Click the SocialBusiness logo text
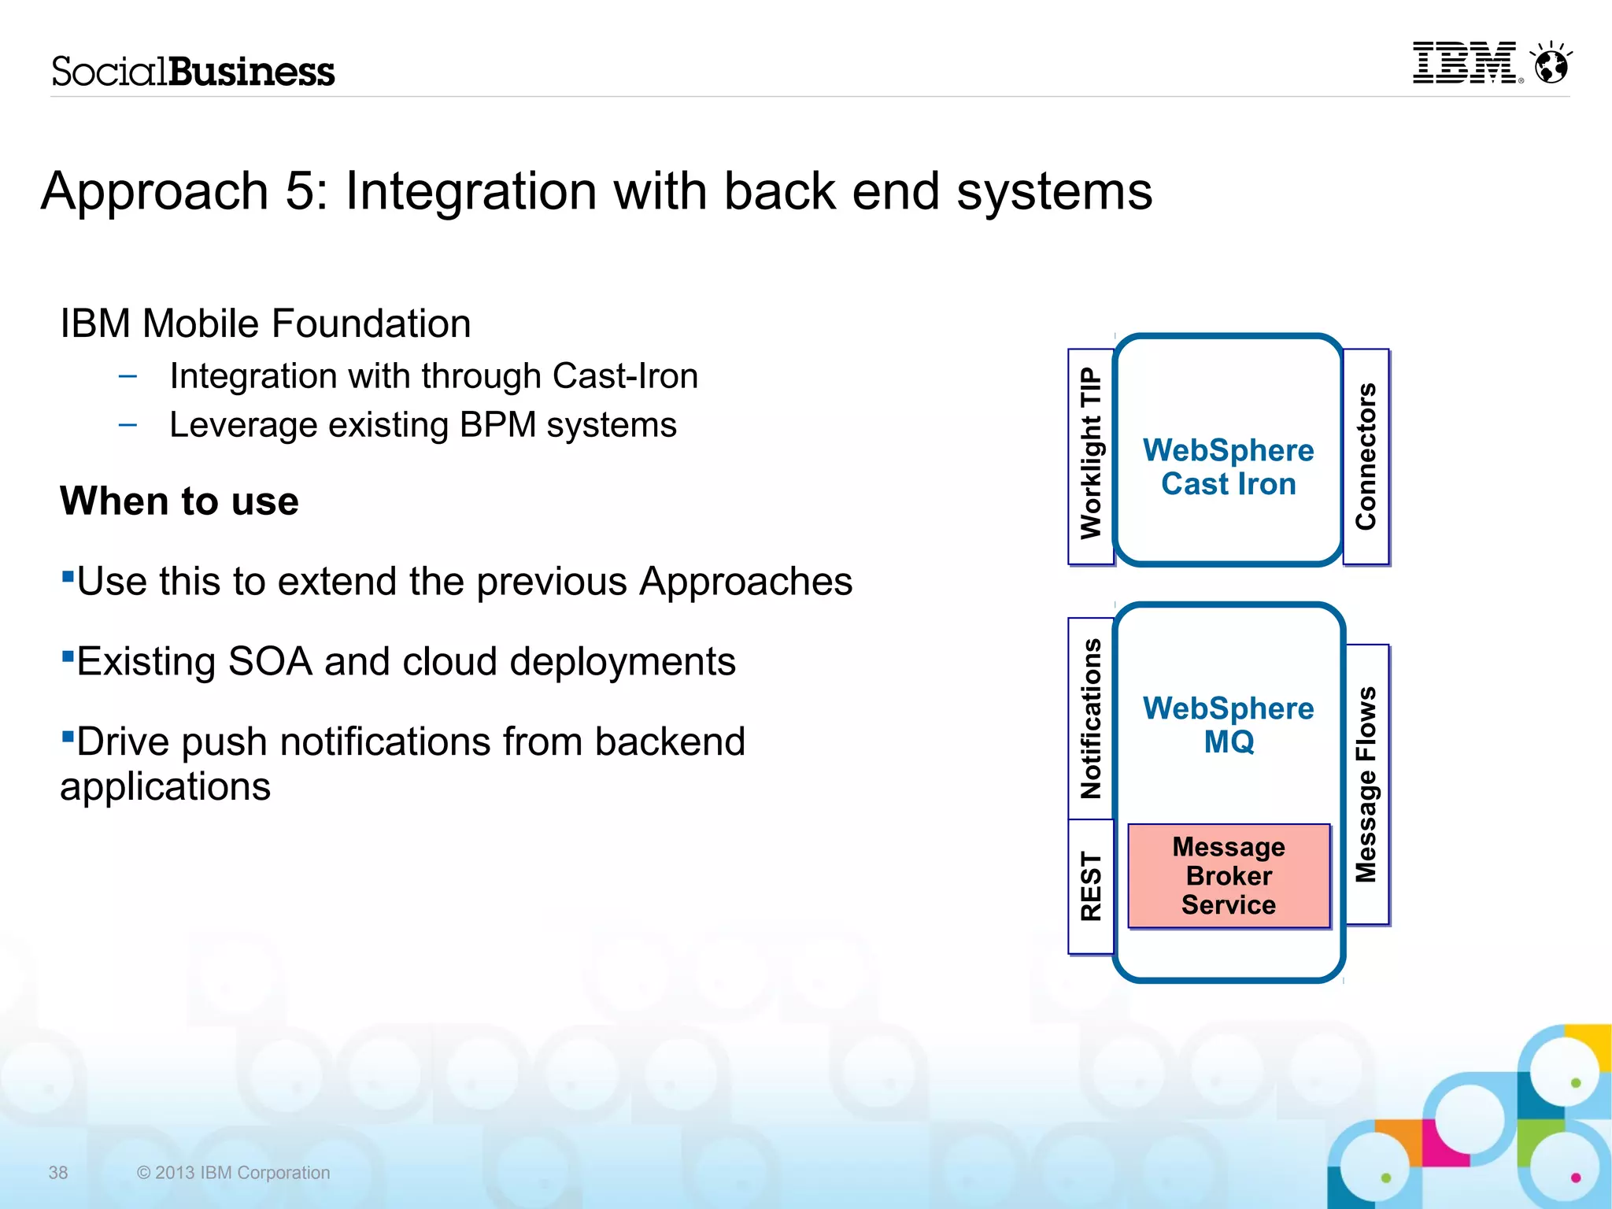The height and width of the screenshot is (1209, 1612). [193, 72]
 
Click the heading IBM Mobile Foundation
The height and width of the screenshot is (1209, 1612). [265, 324]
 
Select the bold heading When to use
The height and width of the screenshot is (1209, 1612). [179, 501]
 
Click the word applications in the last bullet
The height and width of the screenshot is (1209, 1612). [165, 786]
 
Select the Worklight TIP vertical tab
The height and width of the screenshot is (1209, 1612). [1091, 455]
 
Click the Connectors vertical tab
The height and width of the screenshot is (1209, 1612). [1366, 457]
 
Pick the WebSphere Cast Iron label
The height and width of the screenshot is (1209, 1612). [1228, 467]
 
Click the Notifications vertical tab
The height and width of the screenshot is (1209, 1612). [1091, 718]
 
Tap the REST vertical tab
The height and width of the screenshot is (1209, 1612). [1091, 885]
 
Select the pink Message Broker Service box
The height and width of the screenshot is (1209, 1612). [1229, 876]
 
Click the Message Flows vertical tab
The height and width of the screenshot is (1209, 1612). [1366, 784]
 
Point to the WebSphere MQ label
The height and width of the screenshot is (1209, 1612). [1228, 725]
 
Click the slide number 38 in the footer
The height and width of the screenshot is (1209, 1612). [58, 1173]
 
